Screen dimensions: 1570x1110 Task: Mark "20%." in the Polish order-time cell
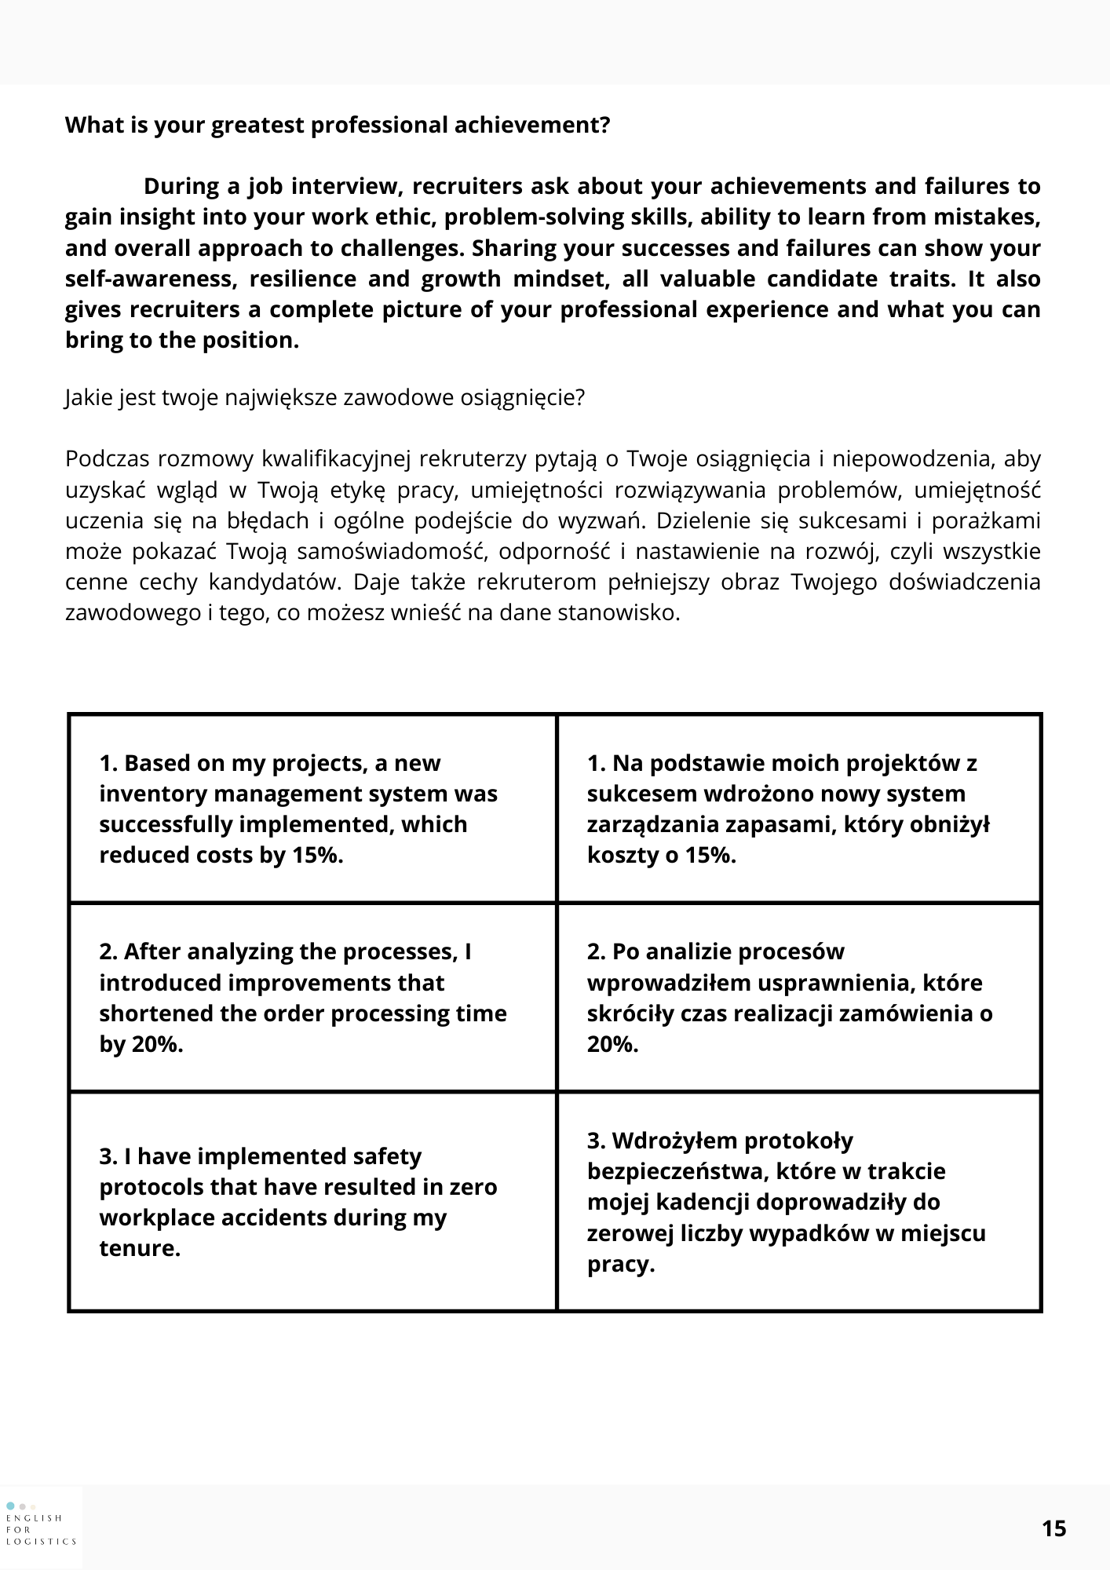[612, 1045]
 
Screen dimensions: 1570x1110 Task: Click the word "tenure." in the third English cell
[140, 1248]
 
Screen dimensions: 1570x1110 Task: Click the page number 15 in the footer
[1054, 1529]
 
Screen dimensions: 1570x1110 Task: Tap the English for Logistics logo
[41, 1524]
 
